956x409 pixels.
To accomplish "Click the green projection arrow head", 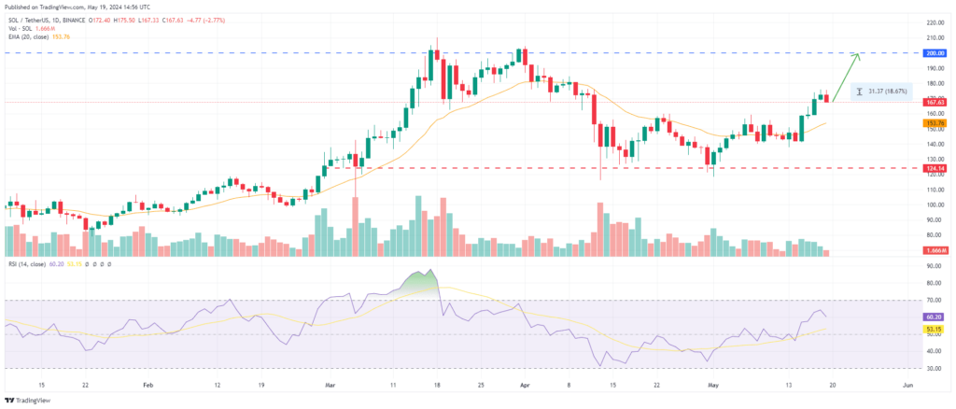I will pos(857,56).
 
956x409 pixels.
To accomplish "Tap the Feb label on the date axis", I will pos(147,383).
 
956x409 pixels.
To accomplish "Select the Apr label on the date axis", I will pos(524,383).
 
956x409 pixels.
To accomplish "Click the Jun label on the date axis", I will pos(907,383).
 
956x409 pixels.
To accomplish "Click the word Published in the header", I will pos(19,5).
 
